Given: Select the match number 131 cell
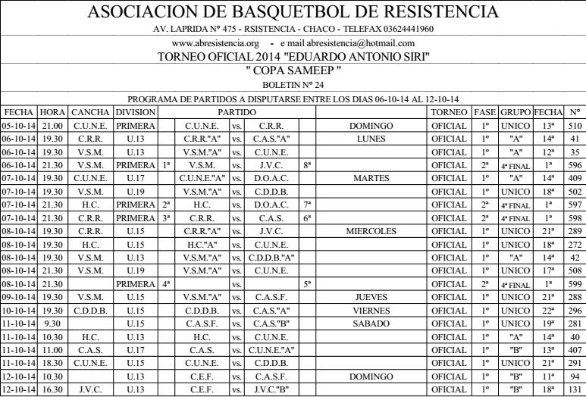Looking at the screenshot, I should tap(574, 389).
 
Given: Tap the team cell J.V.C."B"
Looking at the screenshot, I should tap(271, 389).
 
